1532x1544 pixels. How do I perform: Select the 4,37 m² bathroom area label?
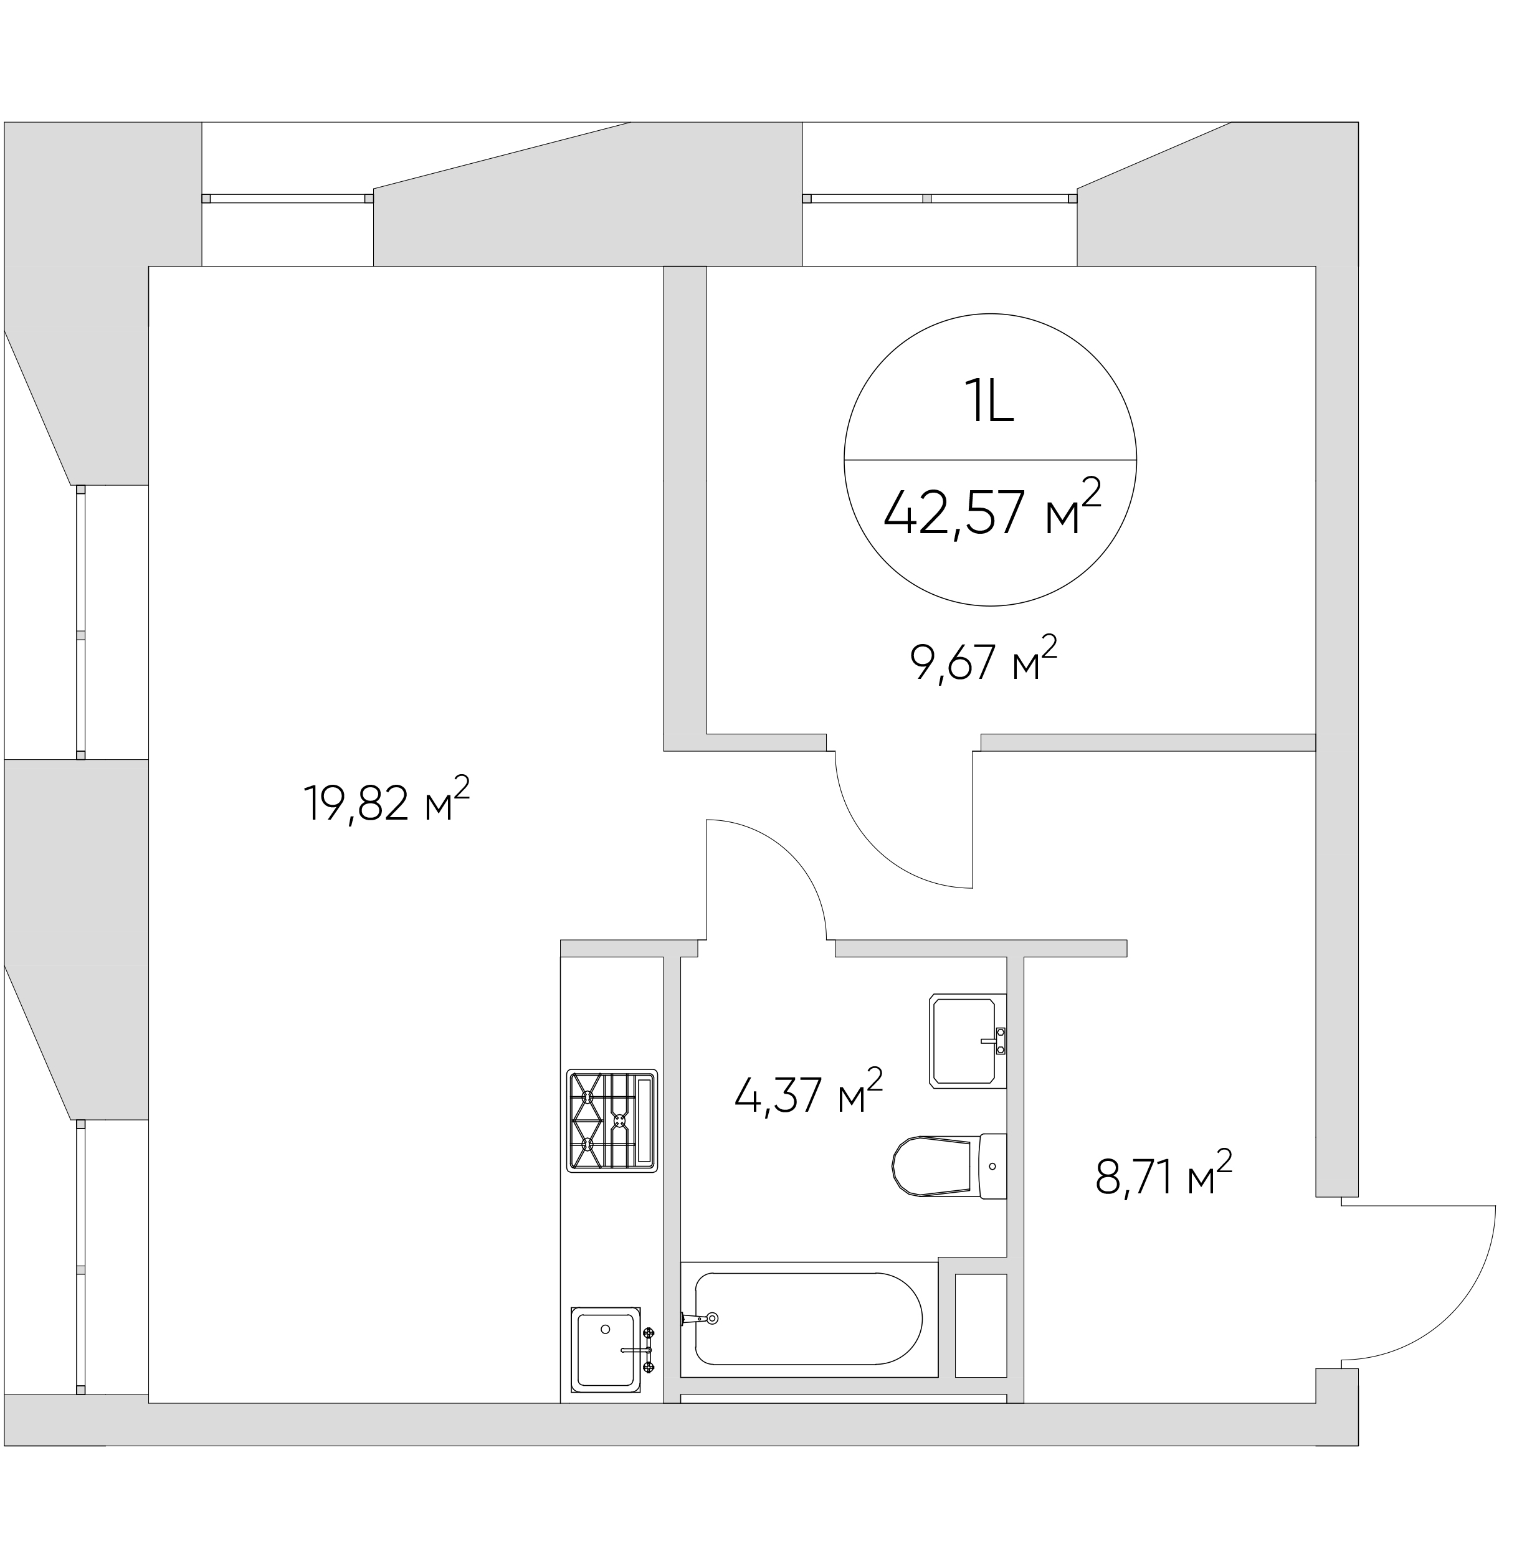point(809,1092)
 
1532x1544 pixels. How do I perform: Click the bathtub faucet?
point(700,1318)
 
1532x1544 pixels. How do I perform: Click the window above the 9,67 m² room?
point(940,198)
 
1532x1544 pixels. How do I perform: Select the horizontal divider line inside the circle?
point(990,460)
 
